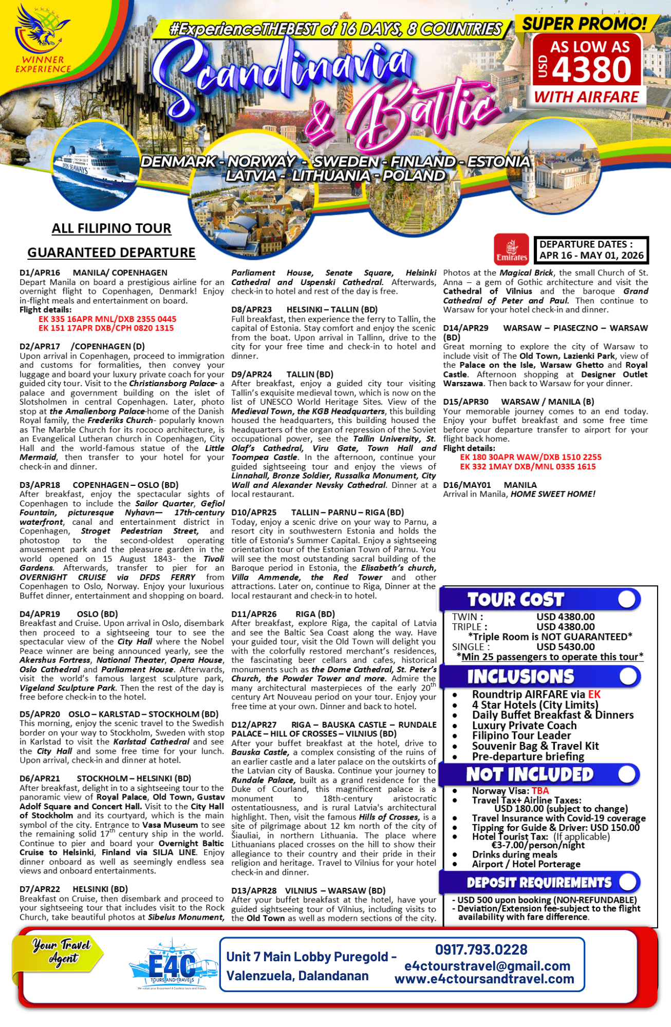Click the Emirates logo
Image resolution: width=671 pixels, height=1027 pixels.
[511, 249]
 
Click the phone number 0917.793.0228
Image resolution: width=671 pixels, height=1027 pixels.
[481, 949]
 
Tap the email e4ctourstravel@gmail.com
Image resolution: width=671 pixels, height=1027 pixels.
[487, 966]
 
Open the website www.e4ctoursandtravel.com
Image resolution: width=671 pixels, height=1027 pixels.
[484, 979]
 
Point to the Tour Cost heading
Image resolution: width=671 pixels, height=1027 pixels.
[515, 599]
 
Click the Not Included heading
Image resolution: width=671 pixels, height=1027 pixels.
[529, 774]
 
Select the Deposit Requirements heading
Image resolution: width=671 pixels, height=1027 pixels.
[539, 883]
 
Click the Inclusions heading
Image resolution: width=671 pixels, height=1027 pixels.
[520, 677]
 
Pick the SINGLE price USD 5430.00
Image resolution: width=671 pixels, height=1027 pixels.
[565, 647]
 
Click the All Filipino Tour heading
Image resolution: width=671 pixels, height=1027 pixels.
[111, 229]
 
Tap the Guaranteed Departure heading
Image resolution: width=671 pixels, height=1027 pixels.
[111, 253]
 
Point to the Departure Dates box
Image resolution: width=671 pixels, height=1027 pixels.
[591, 250]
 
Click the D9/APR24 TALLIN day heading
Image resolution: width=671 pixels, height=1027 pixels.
[282, 374]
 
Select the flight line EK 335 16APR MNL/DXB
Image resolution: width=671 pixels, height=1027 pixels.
[107, 319]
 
